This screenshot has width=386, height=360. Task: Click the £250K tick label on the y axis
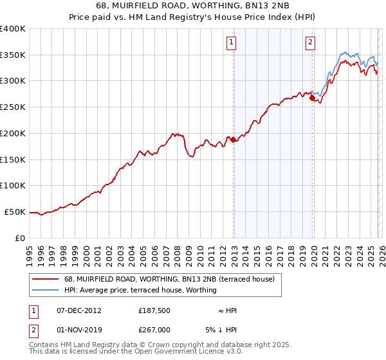pos(13,107)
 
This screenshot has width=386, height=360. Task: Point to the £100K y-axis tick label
pos(13,185)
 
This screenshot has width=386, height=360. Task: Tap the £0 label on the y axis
pos(20,238)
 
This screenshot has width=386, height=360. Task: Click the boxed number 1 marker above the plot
pos(231,43)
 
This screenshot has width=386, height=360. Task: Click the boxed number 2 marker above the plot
pos(310,43)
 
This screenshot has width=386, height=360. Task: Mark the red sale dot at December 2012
pos(234,140)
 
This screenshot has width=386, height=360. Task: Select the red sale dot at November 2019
pos(312,98)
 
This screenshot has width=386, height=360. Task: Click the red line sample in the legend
pos(46,279)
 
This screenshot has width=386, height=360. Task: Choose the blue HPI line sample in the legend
pos(46,291)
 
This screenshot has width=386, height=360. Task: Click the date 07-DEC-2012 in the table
pos(78,310)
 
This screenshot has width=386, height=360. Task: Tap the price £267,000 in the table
pos(154,329)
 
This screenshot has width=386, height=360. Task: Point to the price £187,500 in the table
pos(154,310)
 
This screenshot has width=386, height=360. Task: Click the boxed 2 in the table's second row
pos(33,329)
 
